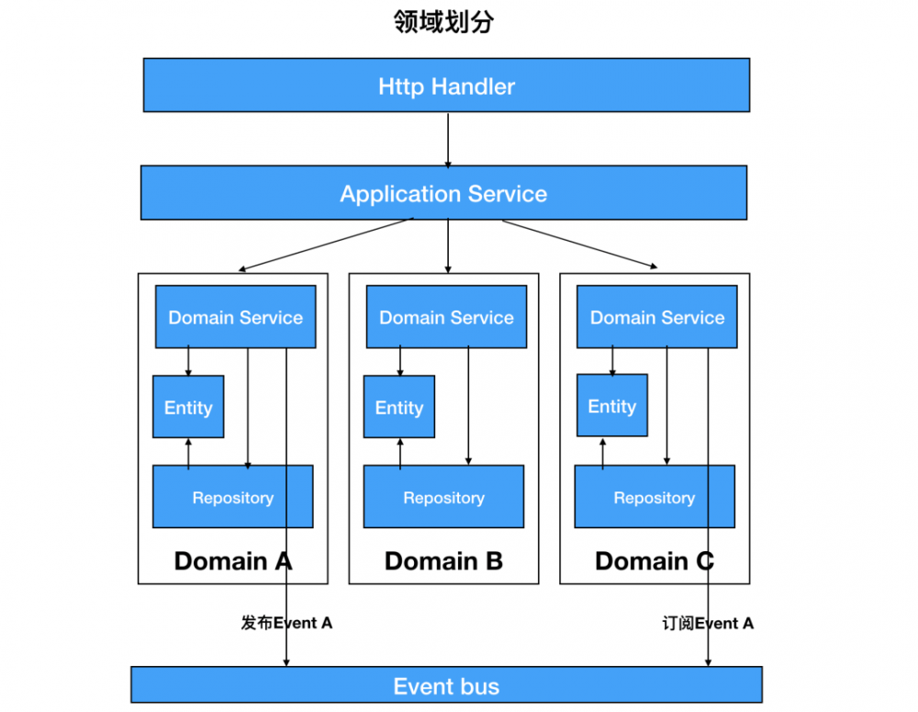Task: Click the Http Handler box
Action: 446,85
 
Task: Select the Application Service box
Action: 443,193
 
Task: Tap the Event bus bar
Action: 446,685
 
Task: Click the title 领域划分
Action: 443,22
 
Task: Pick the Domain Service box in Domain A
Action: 235,317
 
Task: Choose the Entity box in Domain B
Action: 399,407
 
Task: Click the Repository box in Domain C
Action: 654,497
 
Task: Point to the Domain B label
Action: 443,560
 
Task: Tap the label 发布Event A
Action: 286,623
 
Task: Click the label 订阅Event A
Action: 708,623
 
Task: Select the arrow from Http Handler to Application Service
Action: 448,139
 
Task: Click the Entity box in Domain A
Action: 188,407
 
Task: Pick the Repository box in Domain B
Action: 443,497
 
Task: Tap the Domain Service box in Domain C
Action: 656,317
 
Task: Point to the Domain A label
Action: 233,560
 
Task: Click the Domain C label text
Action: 654,560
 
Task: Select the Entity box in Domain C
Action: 611,405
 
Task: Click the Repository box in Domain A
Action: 232,497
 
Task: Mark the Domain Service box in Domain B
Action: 446,317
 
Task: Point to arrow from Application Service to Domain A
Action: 326,244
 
